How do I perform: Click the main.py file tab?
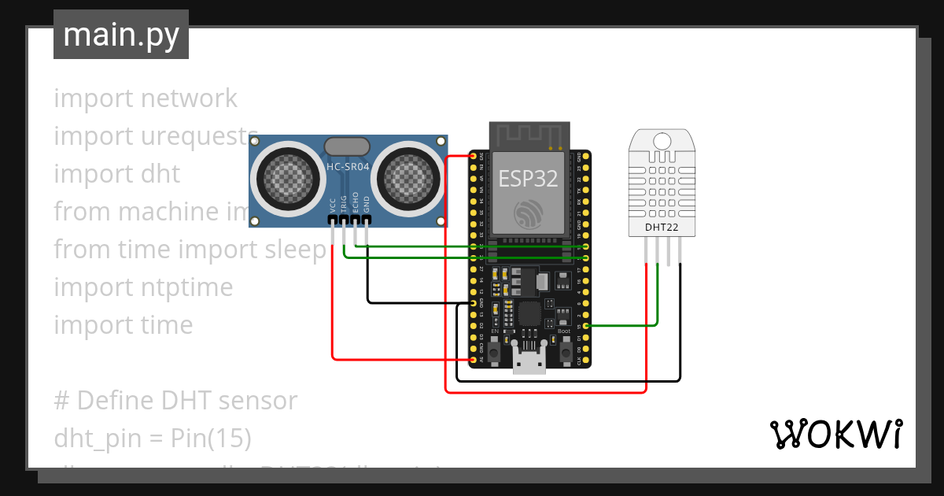pyautogui.click(x=120, y=35)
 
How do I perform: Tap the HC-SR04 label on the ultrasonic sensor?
pyautogui.click(x=348, y=167)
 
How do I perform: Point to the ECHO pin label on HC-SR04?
pyautogui.click(x=356, y=203)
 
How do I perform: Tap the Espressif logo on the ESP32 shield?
pyautogui.click(x=528, y=213)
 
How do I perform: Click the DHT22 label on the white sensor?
pyautogui.click(x=662, y=228)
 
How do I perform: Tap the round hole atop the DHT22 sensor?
pyautogui.click(x=662, y=141)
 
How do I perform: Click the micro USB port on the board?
pyautogui.click(x=528, y=361)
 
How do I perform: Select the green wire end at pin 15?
pyautogui.click(x=585, y=325)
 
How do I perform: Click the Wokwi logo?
pyautogui.click(x=835, y=434)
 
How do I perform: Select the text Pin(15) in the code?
pyautogui.click(x=211, y=439)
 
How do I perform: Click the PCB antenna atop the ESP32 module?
pyautogui.click(x=529, y=135)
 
